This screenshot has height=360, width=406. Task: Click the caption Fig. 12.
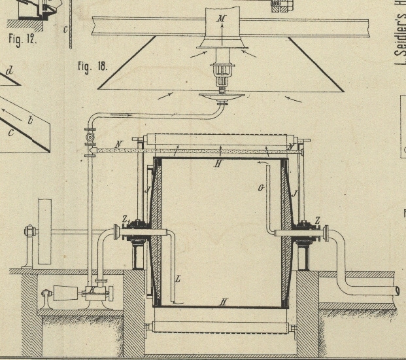pos(21,39)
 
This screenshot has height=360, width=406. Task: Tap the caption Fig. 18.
pos(92,66)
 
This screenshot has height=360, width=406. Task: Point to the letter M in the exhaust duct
pos(222,20)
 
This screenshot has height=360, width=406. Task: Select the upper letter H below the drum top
pos(218,164)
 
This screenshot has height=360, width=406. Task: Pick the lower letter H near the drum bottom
pos(223,302)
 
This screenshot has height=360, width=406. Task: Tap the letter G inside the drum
pos(260,189)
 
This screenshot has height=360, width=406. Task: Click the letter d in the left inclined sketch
pos(8,70)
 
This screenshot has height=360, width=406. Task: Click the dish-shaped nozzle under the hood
pos(222,98)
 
